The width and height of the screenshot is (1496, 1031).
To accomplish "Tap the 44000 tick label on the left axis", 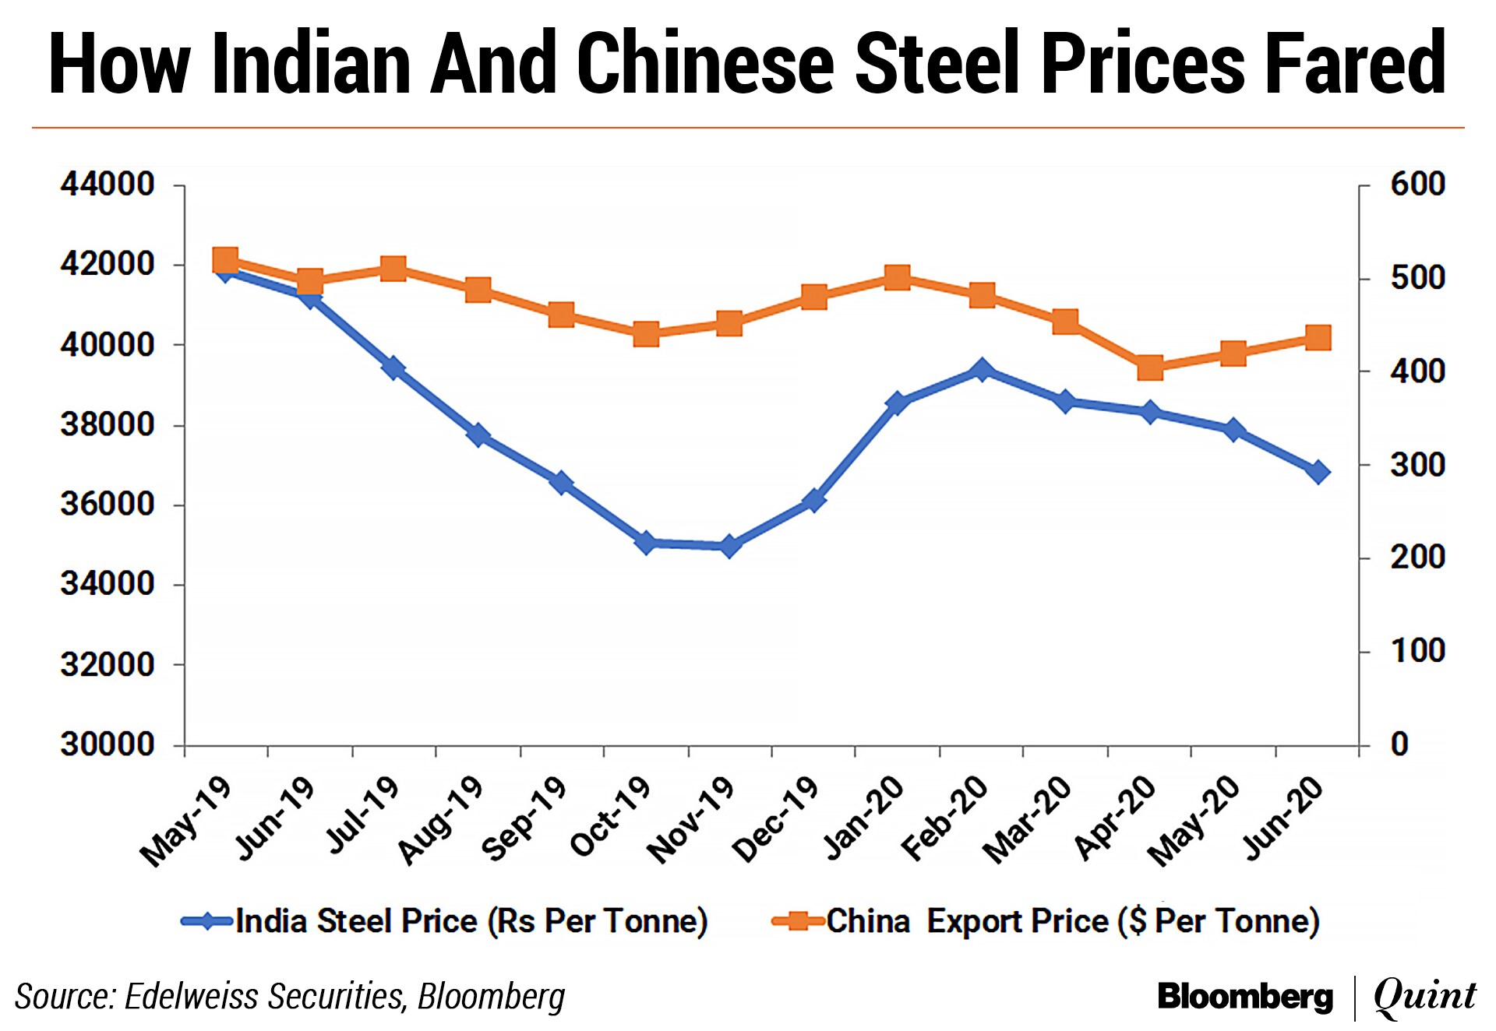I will (x=108, y=185).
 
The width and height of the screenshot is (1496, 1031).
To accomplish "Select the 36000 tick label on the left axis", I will (x=108, y=504).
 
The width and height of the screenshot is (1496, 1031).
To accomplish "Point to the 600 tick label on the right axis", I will (x=1417, y=185).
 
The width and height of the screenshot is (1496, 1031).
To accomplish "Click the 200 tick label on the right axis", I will (x=1417, y=558).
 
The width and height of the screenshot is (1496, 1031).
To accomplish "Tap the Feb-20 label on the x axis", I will (x=945, y=818).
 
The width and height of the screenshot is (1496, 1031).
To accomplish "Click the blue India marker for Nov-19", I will (x=729, y=547).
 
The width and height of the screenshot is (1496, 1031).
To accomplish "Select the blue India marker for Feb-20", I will (x=982, y=371).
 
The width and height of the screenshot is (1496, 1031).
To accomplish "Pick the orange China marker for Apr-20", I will (x=1150, y=368).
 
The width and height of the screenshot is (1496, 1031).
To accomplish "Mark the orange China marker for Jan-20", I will (x=898, y=277).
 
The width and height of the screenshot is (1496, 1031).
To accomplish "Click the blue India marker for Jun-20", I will (x=1318, y=472).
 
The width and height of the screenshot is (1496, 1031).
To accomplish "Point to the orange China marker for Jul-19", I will (x=393, y=269).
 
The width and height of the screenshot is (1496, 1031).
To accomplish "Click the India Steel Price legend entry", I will (x=444, y=921).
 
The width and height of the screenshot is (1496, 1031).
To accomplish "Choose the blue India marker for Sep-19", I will (x=561, y=483).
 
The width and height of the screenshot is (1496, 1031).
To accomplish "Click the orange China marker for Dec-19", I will (x=813, y=297).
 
